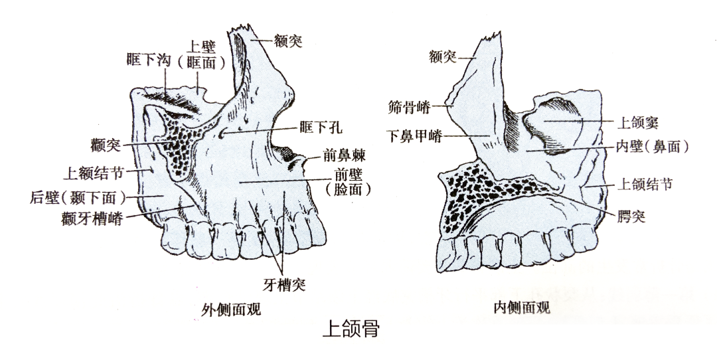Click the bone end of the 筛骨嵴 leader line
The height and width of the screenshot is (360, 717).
click(453, 106)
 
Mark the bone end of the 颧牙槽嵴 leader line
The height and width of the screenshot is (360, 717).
click(194, 207)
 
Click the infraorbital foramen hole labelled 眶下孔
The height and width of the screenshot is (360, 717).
click(222, 133)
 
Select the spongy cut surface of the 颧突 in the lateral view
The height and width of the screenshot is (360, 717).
click(176, 144)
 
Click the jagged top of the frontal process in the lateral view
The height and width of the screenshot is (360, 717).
click(242, 29)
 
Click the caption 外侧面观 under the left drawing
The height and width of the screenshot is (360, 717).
click(231, 310)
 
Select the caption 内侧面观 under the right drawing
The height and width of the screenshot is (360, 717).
click(522, 308)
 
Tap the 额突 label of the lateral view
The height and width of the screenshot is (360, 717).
click(288, 42)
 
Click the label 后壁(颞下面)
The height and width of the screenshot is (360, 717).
click(78, 198)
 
